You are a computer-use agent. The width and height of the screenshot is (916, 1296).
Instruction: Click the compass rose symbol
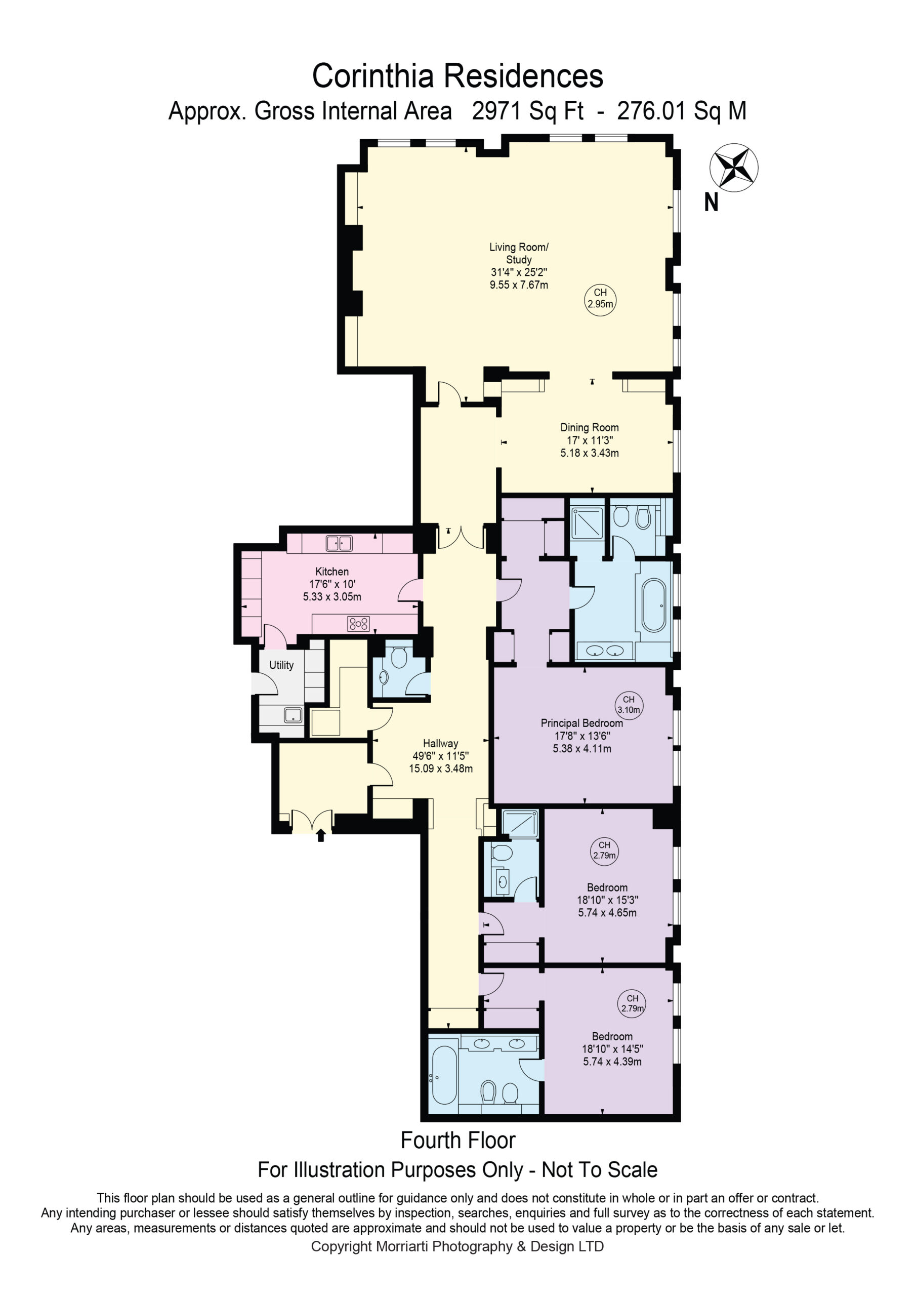click(x=734, y=168)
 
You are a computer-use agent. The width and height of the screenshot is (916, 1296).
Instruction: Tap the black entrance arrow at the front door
click(x=321, y=834)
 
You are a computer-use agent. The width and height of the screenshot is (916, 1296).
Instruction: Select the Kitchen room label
click(x=332, y=571)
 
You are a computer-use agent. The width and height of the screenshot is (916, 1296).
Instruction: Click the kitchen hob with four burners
click(x=359, y=623)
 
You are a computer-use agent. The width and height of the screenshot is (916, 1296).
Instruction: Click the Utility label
click(x=281, y=665)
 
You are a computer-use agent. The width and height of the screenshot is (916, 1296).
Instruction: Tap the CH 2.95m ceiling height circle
click(x=600, y=299)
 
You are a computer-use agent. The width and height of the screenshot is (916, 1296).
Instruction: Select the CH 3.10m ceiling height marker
click(x=629, y=704)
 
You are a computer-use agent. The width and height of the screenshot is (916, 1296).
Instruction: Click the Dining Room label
click(x=589, y=427)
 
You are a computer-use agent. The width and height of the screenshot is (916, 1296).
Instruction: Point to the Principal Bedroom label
click(x=582, y=723)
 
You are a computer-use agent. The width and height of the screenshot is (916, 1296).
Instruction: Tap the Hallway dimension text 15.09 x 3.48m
click(x=441, y=768)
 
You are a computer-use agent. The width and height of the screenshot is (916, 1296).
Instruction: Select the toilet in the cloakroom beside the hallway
click(x=399, y=658)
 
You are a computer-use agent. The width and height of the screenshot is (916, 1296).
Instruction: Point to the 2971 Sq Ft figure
click(x=528, y=111)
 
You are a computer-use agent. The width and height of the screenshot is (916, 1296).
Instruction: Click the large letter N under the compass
click(x=711, y=202)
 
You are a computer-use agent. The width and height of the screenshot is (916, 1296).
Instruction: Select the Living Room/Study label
click(x=519, y=254)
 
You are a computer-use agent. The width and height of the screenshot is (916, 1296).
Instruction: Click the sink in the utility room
click(x=293, y=716)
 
